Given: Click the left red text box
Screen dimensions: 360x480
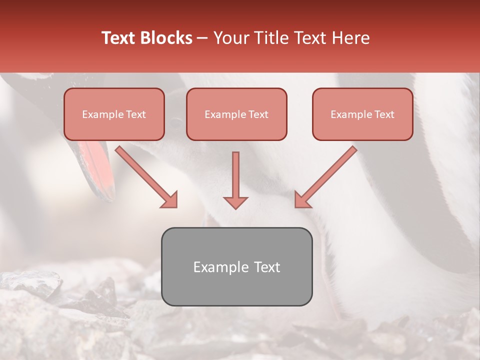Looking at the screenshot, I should coord(114,114).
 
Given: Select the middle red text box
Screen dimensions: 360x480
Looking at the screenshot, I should coord(236,114).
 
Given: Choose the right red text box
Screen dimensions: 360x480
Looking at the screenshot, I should coord(362,114).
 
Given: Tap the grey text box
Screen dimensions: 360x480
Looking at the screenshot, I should coord(236,266).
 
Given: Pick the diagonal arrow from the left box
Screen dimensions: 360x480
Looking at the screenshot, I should coord(145,175).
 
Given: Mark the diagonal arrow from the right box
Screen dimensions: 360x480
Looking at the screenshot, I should coord(327,175).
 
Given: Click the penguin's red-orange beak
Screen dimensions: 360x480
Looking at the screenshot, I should coord(97,165).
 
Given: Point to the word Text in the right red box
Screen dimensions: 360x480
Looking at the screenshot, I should coord(384,114).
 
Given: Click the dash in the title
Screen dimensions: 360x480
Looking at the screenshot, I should coord(203,38).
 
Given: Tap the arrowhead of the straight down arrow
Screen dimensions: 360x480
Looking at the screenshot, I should coord(235,201).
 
